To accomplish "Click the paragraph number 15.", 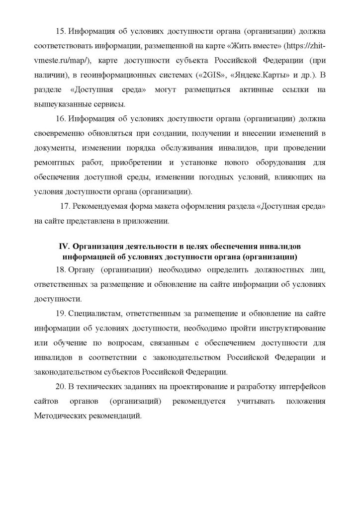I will (x=60, y=32).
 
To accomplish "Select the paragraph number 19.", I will (x=60, y=314).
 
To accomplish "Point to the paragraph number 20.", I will (x=61, y=387).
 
